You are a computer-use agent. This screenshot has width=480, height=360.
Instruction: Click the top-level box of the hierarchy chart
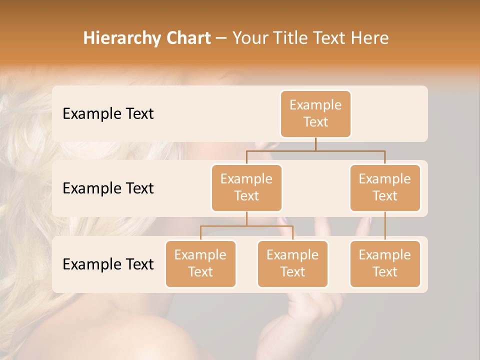pos(315,114)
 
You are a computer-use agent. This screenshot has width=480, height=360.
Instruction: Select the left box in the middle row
pos(246,187)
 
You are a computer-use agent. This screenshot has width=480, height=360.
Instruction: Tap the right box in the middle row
pos(385,187)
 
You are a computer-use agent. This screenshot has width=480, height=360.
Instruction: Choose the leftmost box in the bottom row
pos(200,263)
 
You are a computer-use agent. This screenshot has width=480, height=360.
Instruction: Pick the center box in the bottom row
pos(292,263)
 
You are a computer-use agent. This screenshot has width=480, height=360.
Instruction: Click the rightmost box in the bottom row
pos(385,263)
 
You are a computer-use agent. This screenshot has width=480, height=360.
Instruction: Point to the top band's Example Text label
pos(108,114)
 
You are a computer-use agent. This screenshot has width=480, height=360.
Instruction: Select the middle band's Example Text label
pos(108,188)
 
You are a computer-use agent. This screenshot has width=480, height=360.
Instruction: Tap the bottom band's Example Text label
pos(108,264)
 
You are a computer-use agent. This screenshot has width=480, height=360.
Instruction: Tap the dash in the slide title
pos(221,38)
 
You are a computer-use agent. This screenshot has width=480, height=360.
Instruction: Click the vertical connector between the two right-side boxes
pos(385,226)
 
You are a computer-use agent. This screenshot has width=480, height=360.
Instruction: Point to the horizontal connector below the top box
pos(315,150)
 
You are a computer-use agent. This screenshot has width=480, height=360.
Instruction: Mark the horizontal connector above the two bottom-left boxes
pos(246,226)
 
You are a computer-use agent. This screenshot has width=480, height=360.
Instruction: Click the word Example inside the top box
pos(315,105)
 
